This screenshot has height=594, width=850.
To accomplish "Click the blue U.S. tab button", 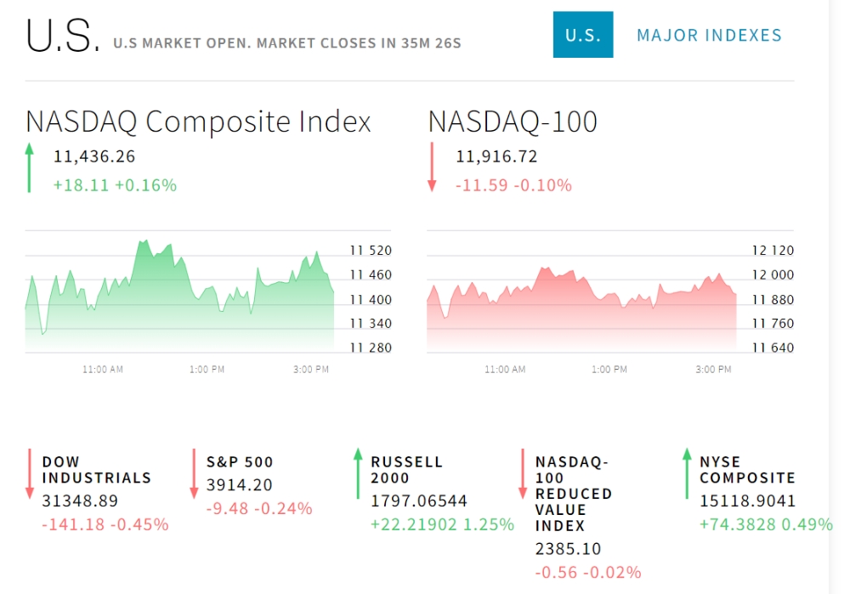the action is click(x=583, y=35).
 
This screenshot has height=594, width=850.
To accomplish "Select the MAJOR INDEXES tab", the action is click(x=709, y=35).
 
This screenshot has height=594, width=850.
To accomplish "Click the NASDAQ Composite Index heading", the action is click(x=198, y=122).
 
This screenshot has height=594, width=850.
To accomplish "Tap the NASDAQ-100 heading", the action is click(x=513, y=122).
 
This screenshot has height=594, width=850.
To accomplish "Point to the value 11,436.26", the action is click(x=94, y=156).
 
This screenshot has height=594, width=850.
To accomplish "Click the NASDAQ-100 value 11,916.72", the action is click(x=496, y=156).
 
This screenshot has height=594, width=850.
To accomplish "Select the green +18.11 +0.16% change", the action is click(x=115, y=185).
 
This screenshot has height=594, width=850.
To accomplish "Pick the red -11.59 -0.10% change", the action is click(x=513, y=185).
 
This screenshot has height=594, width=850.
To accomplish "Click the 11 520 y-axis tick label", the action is click(x=371, y=251).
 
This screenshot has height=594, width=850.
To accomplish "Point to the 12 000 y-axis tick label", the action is click(x=773, y=274).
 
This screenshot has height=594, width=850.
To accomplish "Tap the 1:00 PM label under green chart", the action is click(x=207, y=369).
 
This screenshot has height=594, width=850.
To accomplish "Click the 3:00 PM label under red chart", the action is click(x=713, y=369).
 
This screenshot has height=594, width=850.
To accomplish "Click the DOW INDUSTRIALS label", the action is click(x=97, y=470).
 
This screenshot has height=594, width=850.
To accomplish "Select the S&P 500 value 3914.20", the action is click(x=239, y=484).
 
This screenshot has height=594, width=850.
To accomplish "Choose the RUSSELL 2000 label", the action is click(x=406, y=470).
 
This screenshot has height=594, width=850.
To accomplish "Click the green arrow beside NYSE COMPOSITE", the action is click(x=687, y=473).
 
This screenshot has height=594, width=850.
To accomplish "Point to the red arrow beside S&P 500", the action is click(x=194, y=473).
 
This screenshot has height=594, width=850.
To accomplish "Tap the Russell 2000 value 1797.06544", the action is click(x=418, y=501).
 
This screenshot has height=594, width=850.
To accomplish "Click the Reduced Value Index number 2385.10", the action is click(x=568, y=549).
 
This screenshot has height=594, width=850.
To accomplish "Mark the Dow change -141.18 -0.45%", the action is click(x=105, y=524).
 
